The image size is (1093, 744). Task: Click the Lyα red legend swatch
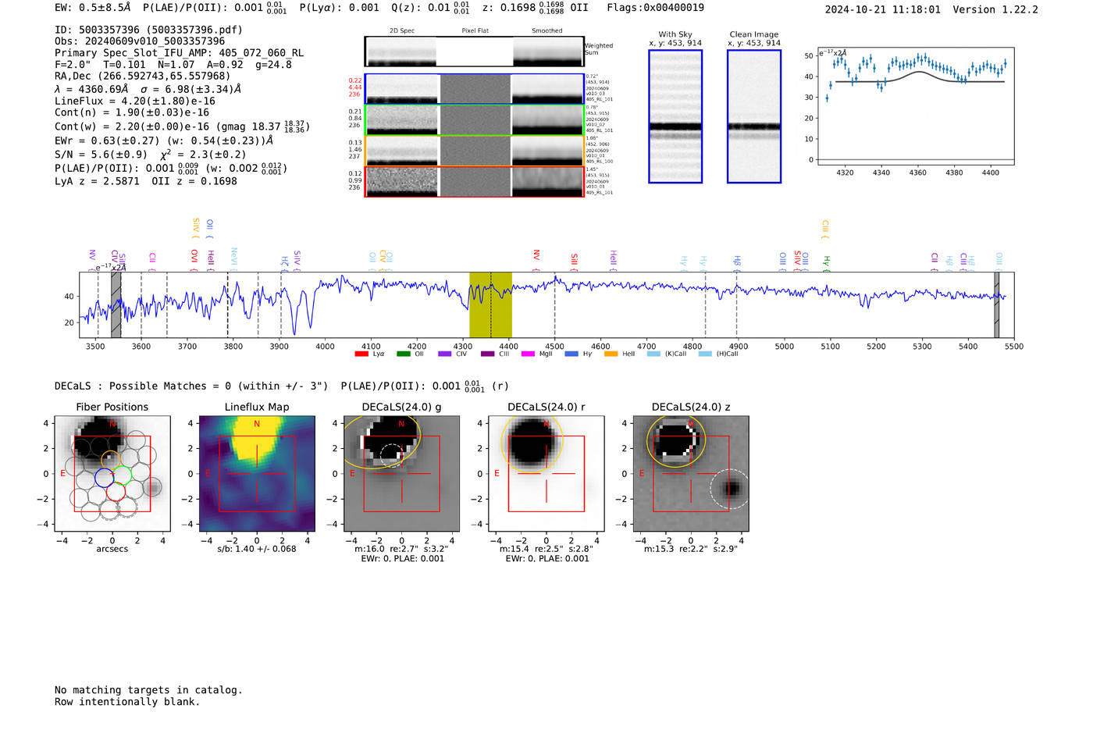tap(361, 354)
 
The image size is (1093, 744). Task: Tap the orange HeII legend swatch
tap(611, 354)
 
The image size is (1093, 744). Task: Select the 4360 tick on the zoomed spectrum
tap(917, 173)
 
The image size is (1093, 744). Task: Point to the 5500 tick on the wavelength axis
tap(1013, 346)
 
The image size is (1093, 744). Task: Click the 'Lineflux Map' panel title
tap(256, 407)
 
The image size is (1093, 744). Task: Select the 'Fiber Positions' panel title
tap(112, 407)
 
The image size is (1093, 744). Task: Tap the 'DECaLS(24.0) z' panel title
tap(691, 407)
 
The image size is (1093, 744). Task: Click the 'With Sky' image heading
tap(675, 34)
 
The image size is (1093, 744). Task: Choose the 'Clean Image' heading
tap(753, 34)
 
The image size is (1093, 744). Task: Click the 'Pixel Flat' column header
tap(475, 30)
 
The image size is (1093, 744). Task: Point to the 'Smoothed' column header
tap(546, 30)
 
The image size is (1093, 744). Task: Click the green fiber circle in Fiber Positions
tap(123, 475)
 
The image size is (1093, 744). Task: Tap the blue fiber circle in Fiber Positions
tap(104, 477)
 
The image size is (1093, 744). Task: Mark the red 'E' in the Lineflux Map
tap(208, 473)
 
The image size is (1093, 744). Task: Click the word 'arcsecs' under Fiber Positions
tap(112, 549)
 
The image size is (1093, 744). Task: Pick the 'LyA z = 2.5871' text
tap(97, 181)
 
